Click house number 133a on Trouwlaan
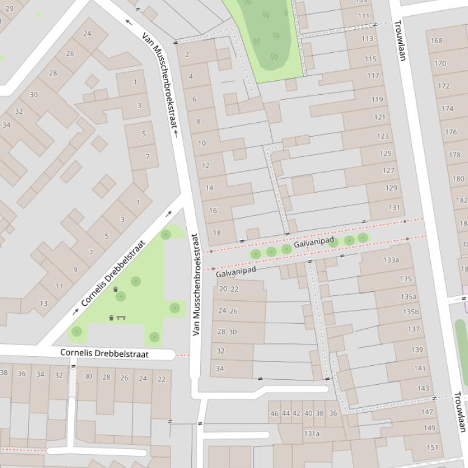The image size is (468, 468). coord(391,260)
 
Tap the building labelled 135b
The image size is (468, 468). coord(411,312)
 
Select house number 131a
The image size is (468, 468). coord(312,433)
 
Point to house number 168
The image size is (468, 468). coord(436,41)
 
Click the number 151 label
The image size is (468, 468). coord(432,447)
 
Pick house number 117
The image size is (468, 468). coord(373,76)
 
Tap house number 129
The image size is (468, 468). coord(391,188)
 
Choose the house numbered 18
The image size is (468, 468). coord(217,233)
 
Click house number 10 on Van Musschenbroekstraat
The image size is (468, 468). coord(202,143)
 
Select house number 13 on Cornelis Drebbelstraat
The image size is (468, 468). coord(44,303)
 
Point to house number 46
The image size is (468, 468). coord(274,413)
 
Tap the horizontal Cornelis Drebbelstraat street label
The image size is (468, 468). coord(104,353)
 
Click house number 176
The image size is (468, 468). coord(451,132)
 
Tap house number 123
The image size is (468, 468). coord(383,136)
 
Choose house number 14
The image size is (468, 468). coord(209,188)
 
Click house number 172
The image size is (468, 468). coord(444,86)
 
